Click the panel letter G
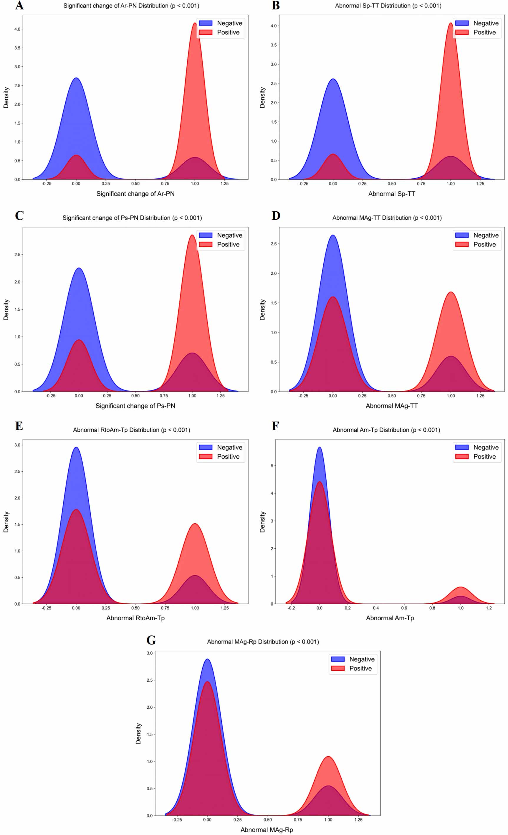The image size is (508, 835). tap(151, 640)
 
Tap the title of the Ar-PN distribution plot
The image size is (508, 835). tap(131, 6)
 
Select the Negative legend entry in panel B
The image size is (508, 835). tap(477, 23)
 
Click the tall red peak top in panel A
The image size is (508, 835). tap(195, 23)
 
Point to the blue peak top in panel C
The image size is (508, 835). tap(79, 268)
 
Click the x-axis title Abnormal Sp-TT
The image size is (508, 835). tap(392, 194)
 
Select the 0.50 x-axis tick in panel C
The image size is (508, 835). tap(135, 395)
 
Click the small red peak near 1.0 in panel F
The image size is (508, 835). tap(460, 587)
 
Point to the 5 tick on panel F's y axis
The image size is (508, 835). tap(272, 466)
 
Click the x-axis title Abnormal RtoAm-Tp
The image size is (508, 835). tap(135, 618)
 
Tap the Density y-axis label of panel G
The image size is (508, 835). tap(138, 733)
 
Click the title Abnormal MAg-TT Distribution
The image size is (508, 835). tap(387, 218)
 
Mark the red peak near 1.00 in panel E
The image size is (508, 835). tap(195, 524)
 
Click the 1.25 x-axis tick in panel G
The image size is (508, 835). tap(358, 819)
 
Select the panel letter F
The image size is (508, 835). tap(275, 426)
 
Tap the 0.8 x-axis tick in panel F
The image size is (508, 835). tap(432, 608)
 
